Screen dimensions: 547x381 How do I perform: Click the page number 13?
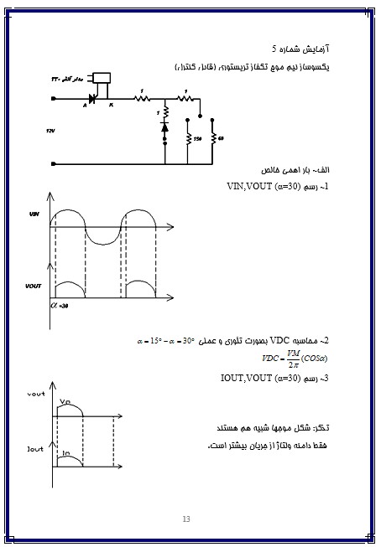click(x=187, y=520)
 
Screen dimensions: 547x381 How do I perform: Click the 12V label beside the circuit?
click(x=51, y=132)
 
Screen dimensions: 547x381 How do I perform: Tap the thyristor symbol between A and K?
click(x=93, y=99)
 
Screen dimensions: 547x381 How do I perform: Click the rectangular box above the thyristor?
click(x=102, y=79)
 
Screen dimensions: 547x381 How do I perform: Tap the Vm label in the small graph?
click(x=66, y=401)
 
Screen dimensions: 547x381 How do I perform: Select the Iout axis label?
click(x=34, y=450)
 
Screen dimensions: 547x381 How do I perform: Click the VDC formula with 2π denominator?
click(x=294, y=359)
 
